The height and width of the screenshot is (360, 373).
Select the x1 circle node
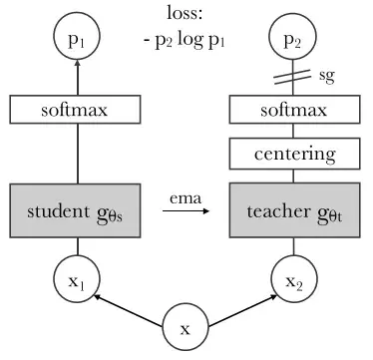77,282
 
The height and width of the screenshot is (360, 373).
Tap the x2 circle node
291,282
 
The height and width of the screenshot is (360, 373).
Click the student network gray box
77,211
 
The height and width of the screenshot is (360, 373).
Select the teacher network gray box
291,211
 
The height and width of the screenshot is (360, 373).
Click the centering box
291,155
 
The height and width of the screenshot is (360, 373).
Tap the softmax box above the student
77,111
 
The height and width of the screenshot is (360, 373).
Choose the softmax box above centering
291,111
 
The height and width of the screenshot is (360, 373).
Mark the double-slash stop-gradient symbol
291,76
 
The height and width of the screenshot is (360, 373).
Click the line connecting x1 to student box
77,249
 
